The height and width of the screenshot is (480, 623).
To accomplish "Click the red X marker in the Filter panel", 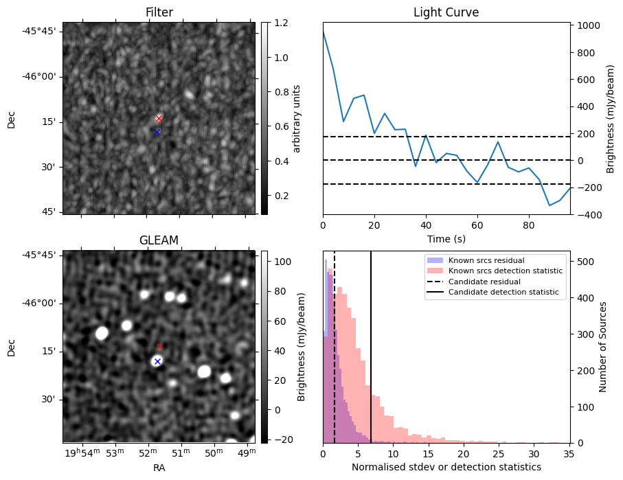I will (159, 118).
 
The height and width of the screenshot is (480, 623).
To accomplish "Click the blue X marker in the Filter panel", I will (157, 132).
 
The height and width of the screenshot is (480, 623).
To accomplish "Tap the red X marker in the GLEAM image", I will (159, 347).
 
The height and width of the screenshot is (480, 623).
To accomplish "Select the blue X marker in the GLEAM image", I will (157, 361).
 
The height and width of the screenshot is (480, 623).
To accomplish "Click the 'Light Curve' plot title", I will (446, 12).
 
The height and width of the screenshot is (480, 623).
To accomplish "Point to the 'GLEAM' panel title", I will (159, 240).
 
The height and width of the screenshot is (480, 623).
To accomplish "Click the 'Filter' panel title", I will (159, 12).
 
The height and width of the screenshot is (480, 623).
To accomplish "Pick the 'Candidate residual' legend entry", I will (484, 282).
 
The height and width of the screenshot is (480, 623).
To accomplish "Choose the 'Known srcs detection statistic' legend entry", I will (505, 271).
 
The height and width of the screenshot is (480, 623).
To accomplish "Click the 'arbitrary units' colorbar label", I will (297, 118).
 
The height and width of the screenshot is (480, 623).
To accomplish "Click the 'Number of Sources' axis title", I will (603, 347).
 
